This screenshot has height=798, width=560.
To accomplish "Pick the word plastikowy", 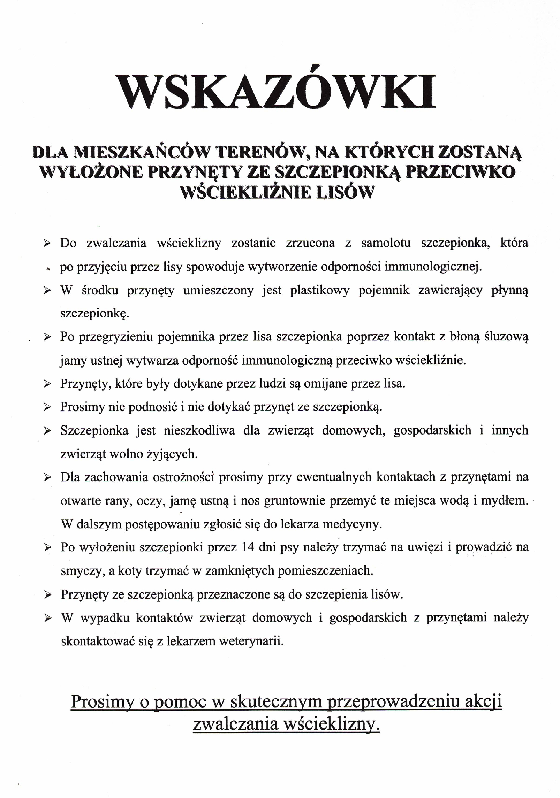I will [319, 290].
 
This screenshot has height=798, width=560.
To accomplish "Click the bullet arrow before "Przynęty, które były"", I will [47, 384].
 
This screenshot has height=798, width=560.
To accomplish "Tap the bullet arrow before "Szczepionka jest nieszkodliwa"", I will [47, 431].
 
